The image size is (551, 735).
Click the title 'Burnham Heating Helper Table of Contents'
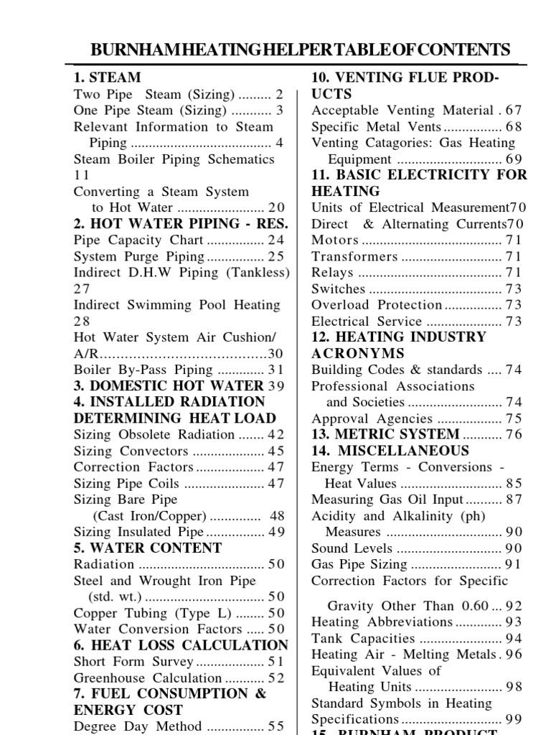[300, 50]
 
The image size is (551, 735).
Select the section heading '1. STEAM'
[107, 78]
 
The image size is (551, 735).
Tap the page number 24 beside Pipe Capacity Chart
[276, 240]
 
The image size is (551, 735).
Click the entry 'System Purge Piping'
[140, 256]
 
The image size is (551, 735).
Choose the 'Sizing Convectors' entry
[131, 451]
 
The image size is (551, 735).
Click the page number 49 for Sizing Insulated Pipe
[276, 532]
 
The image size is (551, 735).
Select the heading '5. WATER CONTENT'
[148, 548]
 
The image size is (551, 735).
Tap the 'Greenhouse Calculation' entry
[148, 678]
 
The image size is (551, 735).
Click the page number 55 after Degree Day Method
[276, 726]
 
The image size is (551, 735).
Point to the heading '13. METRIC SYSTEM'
[385, 434]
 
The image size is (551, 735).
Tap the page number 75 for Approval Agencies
[514, 418]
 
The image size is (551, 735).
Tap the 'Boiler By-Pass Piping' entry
[143, 370]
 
